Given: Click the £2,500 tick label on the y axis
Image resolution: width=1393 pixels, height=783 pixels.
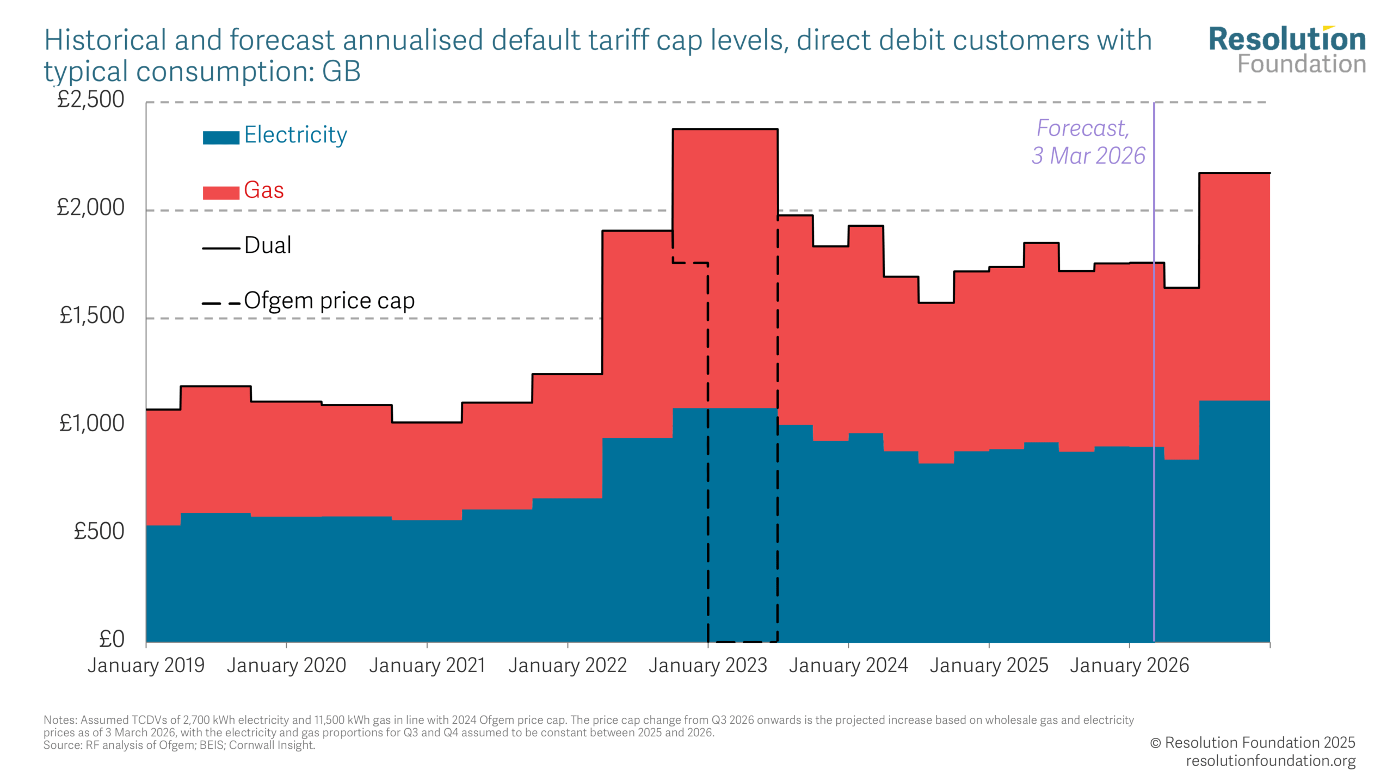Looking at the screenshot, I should point(91,100).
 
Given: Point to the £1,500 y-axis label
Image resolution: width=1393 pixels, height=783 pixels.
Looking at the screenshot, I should point(92,315).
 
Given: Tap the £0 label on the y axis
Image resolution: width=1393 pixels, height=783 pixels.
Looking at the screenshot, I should point(112,639).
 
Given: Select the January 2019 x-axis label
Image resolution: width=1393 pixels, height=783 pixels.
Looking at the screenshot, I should point(146,665).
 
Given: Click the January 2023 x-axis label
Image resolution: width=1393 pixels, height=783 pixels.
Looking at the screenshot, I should point(707,665).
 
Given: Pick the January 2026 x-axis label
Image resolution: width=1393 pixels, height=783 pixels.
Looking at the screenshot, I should point(1129,665).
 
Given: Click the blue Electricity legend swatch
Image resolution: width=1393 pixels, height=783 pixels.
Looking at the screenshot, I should point(221,138).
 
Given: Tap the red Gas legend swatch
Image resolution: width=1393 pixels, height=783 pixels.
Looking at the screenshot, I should point(221,192).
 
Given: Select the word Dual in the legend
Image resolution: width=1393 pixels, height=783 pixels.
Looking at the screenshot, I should point(268,245).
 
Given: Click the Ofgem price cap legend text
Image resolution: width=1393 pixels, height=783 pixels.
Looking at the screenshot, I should point(329,301).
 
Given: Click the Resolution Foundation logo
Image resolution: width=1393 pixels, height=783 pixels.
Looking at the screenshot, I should point(1287,50).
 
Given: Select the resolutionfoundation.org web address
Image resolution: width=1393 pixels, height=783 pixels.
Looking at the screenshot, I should point(1270,761).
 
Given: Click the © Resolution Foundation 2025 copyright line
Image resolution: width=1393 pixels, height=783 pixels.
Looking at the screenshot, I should point(1252,743).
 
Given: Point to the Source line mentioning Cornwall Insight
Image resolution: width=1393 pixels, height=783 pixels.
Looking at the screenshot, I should point(180,745).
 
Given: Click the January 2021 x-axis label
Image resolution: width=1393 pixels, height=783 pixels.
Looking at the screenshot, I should point(427,665).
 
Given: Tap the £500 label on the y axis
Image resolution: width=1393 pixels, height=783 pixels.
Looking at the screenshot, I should point(99,531).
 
